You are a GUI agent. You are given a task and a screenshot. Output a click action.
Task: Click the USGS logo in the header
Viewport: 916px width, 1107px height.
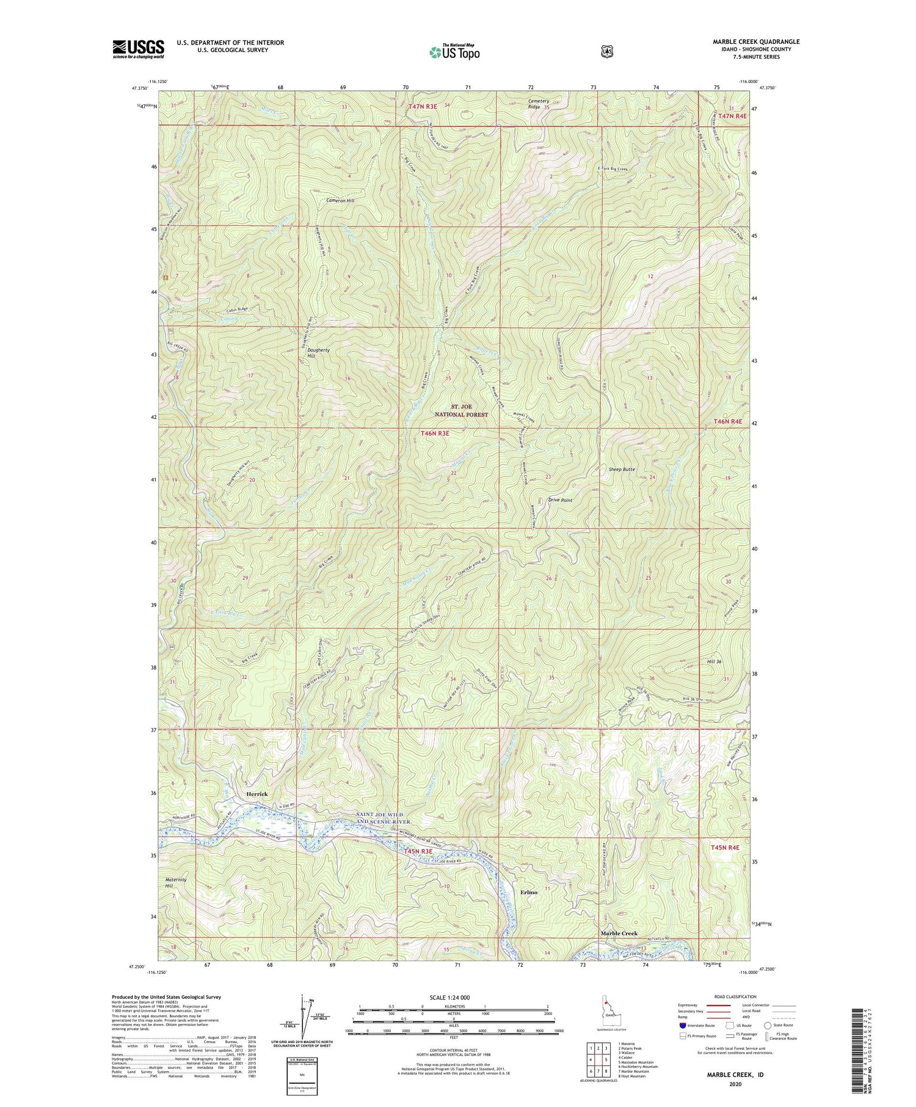pyautogui.click(x=138, y=49)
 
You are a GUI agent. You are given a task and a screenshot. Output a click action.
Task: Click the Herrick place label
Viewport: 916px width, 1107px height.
pyautogui.click(x=256, y=794)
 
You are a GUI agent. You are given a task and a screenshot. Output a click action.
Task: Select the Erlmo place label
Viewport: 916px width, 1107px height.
pyautogui.click(x=529, y=892)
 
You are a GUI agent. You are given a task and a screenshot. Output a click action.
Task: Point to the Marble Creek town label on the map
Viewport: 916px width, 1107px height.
pyautogui.click(x=619, y=933)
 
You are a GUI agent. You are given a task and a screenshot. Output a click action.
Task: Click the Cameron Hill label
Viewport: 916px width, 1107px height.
pyautogui.click(x=340, y=200)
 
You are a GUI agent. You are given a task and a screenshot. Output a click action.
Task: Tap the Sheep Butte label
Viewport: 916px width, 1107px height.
pyautogui.click(x=622, y=470)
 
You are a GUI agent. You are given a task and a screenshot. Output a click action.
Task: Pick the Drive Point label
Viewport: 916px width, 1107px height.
pyautogui.click(x=560, y=500)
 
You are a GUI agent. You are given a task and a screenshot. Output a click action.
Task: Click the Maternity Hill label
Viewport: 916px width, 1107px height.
pyautogui.click(x=176, y=882)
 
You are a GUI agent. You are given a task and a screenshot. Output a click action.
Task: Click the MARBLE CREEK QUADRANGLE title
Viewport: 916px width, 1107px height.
pyautogui.click(x=756, y=42)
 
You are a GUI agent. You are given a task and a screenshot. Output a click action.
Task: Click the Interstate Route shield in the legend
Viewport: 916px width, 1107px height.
pyautogui.click(x=683, y=1025)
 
